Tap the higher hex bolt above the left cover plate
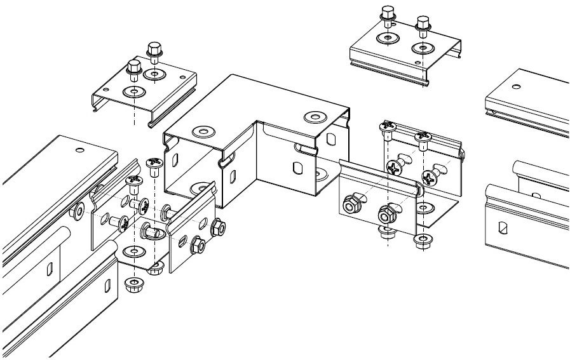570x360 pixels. pos(153,50)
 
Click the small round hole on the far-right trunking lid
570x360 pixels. pos(515,86)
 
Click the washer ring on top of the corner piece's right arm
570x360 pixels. pos(313,117)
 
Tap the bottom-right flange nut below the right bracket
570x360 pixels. pos(420,240)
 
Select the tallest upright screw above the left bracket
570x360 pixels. pos(153,166)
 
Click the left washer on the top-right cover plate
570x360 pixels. pos(384,39)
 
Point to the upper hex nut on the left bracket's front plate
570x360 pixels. pos(216,225)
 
